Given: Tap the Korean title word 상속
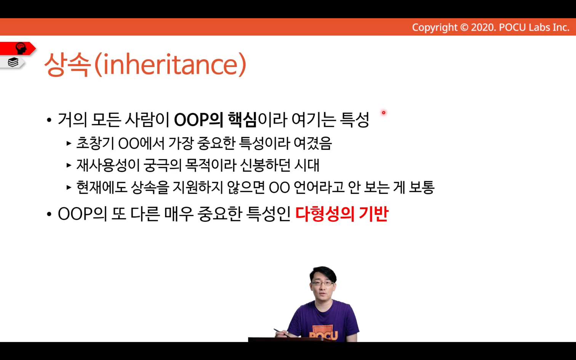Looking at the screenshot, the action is (x=68, y=64).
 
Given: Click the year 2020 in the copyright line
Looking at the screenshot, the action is (x=483, y=27).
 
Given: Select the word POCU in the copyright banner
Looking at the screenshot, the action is (x=512, y=27).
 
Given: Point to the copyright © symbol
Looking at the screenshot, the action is (x=464, y=27).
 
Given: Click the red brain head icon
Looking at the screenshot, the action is (x=21, y=48).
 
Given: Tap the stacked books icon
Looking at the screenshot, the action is (x=13, y=62).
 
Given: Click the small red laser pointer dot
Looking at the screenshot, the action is (x=383, y=113).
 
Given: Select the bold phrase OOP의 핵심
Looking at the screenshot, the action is (x=215, y=120).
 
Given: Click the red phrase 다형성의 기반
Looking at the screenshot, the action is (x=341, y=214).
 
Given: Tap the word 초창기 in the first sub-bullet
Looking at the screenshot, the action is (x=95, y=143).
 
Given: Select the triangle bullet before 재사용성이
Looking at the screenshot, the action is (x=69, y=165).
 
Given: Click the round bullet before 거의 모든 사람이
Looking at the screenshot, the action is (x=49, y=120).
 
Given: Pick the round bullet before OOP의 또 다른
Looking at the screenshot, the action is (x=49, y=214).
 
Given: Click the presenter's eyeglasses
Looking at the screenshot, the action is (x=322, y=283).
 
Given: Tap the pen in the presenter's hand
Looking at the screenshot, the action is (x=282, y=333).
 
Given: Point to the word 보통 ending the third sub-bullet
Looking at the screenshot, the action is (x=421, y=187).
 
